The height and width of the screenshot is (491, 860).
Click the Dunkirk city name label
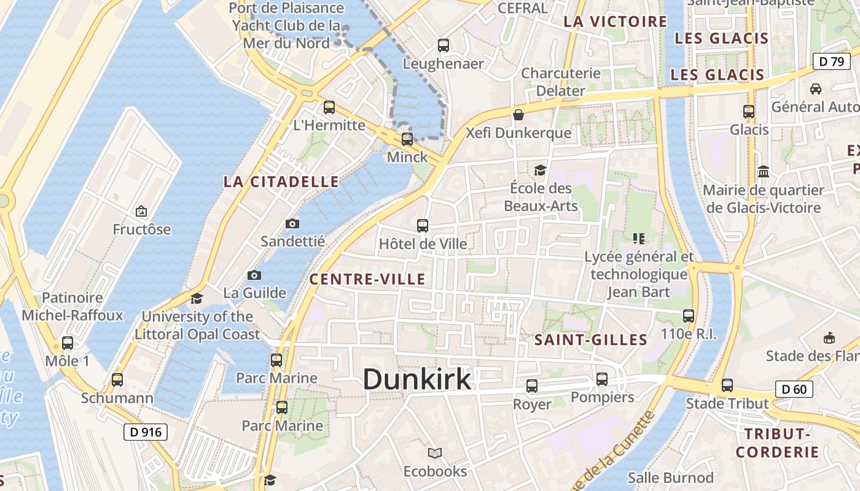coord(416,379)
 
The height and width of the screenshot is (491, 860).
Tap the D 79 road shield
coord(831,61)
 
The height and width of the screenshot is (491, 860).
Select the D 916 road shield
coord(146,432)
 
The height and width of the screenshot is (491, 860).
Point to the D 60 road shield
coord(794,389)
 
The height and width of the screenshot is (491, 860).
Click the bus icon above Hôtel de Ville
coord(423,225)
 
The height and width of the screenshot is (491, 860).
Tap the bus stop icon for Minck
coord(407,139)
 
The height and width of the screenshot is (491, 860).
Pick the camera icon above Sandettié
coord(292,223)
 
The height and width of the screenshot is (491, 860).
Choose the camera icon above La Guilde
coord(254,275)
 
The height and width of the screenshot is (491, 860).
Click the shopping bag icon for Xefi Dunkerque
coord(518,115)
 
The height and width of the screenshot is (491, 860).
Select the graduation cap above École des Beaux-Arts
coord(540,170)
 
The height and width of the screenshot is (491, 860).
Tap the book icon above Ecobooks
coord(435,454)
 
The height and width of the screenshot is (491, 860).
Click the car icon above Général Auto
coord(816,88)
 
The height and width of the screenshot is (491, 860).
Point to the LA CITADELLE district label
coord(281,182)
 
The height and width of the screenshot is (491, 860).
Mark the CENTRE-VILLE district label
coord(367,280)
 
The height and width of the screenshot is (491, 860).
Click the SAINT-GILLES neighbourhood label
coord(591,340)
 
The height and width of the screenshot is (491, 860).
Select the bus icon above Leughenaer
coord(443,45)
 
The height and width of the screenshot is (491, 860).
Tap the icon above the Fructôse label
coord(141,211)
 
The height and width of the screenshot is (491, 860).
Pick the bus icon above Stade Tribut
coord(727,385)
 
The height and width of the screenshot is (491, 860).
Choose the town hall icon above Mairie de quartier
coord(764,171)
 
